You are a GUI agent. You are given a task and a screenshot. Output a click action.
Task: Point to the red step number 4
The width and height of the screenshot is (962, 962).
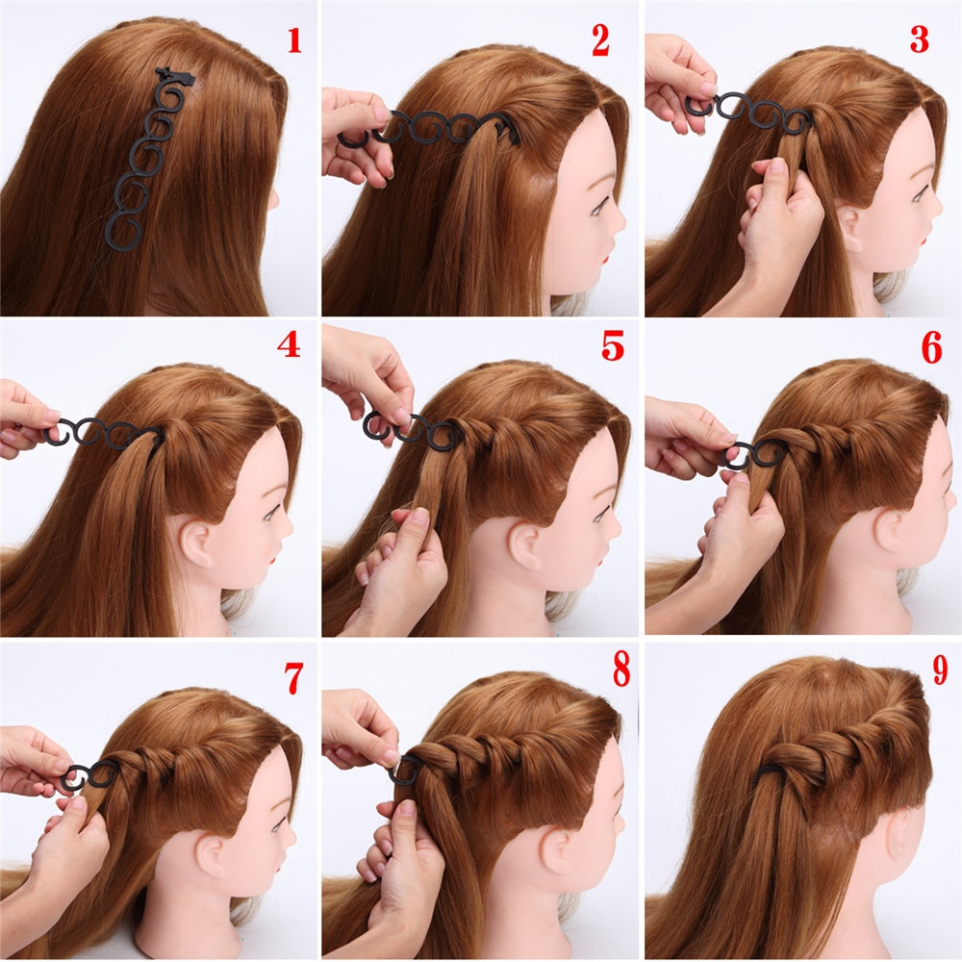(289, 344)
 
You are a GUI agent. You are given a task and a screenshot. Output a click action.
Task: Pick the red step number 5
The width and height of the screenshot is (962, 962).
(613, 344)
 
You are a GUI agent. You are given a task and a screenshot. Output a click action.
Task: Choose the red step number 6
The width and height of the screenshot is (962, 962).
(931, 348)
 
